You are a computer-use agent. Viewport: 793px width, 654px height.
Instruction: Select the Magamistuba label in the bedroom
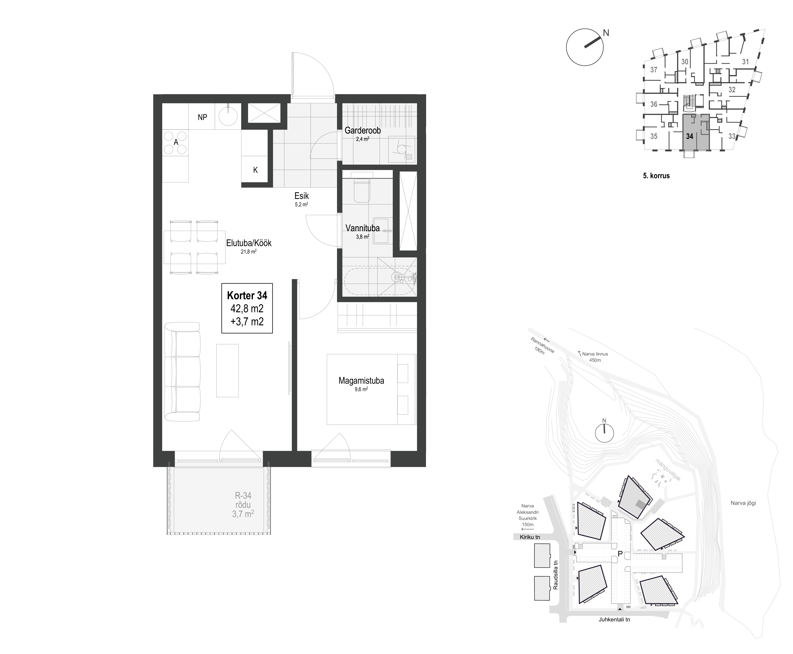[x=361, y=381]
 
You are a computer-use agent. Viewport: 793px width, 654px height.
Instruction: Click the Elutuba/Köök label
[x=249, y=243]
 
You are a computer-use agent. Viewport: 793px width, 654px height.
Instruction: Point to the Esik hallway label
[x=302, y=196]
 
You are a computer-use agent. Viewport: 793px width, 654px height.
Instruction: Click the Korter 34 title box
[x=247, y=308]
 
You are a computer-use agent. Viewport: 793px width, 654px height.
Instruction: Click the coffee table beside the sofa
[x=227, y=370]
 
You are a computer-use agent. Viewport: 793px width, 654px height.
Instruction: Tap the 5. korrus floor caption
[x=656, y=176]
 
